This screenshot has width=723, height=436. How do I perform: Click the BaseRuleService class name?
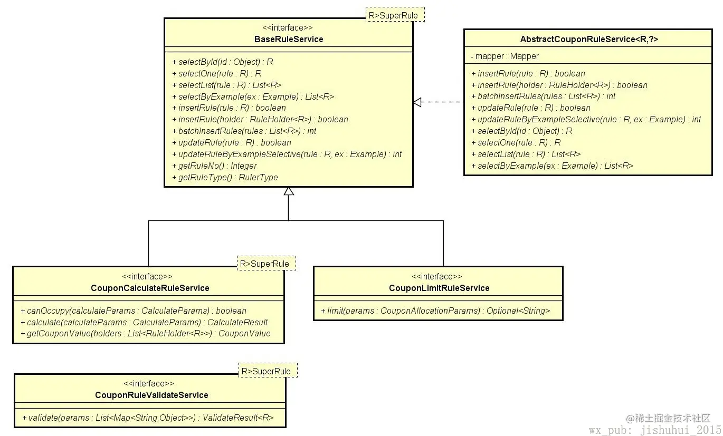point(289,40)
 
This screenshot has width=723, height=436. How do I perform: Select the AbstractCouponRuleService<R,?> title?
point(589,40)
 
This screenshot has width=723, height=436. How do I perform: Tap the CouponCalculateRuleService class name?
point(150,288)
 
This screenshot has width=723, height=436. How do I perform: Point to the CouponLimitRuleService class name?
point(439,288)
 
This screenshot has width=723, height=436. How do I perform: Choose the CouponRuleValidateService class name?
point(151,395)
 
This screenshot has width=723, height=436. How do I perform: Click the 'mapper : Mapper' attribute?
point(505,56)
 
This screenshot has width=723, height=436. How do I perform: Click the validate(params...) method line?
point(148,418)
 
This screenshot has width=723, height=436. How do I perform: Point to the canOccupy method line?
point(134,311)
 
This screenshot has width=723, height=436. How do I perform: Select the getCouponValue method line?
point(146,333)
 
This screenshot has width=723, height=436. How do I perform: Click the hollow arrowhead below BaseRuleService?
point(289,191)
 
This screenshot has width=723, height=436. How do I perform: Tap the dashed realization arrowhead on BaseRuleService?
point(417,102)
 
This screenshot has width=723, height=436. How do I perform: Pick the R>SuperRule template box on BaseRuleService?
point(395,15)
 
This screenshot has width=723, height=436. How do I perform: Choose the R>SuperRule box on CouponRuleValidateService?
point(268,370)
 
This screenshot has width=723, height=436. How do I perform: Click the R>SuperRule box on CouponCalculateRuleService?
point(267,263)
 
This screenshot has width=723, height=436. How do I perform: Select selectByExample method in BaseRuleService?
point(253,97)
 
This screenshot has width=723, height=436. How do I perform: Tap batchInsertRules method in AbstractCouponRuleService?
point(543,96)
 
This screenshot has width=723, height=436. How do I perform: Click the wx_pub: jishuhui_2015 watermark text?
point(655,430)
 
